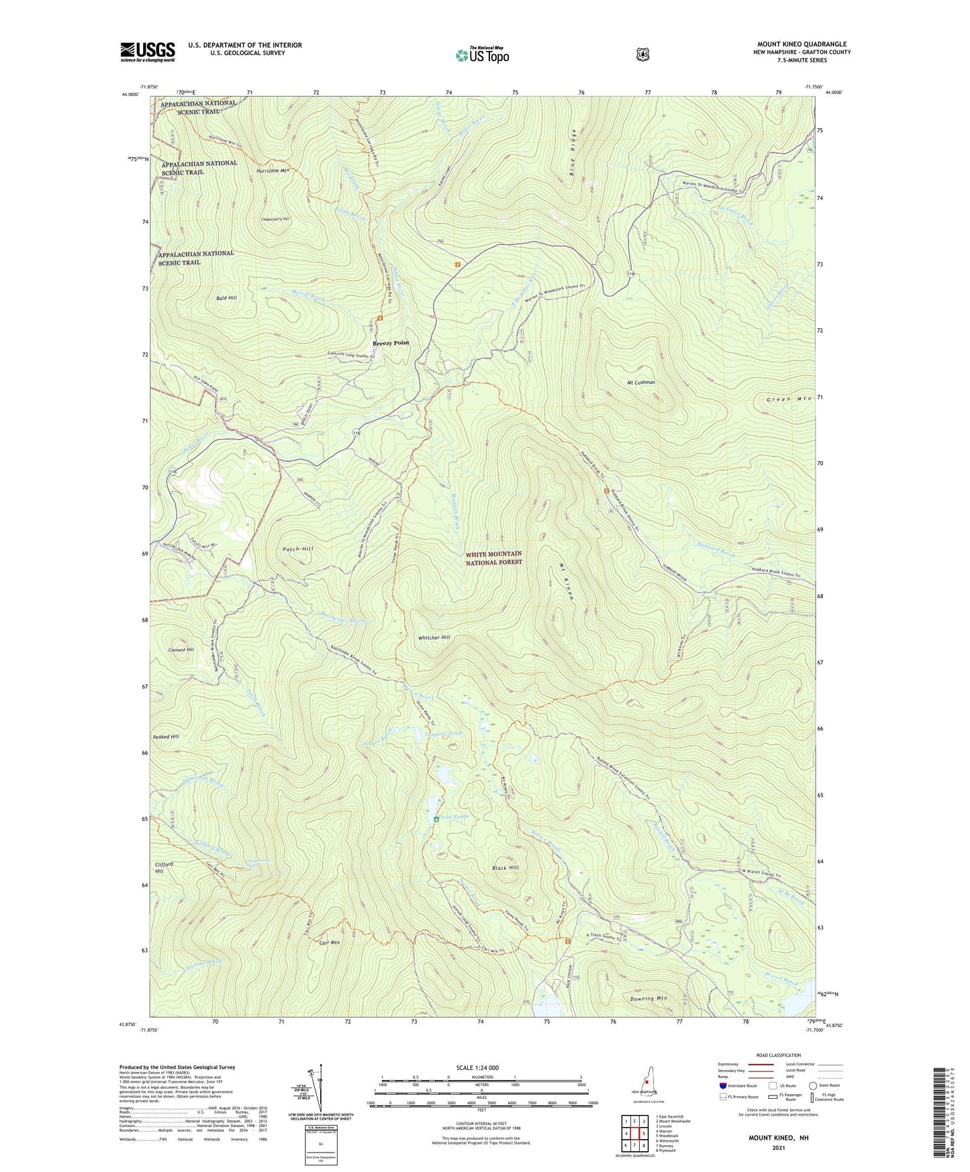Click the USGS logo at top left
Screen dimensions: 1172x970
click(148, 52)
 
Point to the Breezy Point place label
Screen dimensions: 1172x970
click(391, 343)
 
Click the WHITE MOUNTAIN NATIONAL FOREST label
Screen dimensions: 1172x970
click(493, 558)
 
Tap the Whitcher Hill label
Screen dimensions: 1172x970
click(434, 638)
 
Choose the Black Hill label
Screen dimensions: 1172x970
click(505, 868)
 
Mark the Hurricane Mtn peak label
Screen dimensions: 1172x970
click(273, 172)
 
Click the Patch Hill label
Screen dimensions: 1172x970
click(298, 549)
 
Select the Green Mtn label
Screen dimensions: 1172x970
click(789, 399)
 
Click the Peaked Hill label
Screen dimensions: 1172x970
click(166, 737)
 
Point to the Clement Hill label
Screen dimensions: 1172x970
click(181, 650)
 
